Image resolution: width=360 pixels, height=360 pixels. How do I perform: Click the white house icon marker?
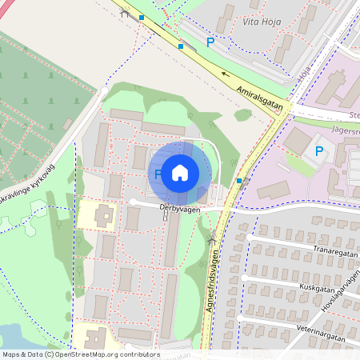[180, 172]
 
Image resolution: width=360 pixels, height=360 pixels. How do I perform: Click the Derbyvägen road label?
[179, 208]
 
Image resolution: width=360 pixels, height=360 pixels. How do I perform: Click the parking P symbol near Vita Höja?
[210, 42]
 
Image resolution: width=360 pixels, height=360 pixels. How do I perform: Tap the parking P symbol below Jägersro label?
[319, 150]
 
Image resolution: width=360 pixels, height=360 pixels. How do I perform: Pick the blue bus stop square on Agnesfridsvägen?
[239, 181]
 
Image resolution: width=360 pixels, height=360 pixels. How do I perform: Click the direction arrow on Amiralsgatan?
[225, 75]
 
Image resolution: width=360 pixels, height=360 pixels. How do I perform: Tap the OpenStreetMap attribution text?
[81, 354]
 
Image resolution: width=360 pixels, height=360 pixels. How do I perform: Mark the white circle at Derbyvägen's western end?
[133, 202]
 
